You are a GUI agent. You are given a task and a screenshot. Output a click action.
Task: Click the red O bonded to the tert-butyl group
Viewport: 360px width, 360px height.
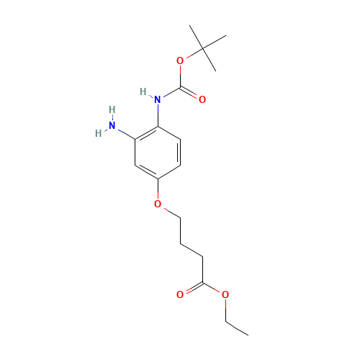click(179, 60)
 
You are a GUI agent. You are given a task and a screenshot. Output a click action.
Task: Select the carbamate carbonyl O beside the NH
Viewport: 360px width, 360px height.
click(202, 99)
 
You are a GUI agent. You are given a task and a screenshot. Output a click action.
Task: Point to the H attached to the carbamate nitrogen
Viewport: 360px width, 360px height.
click(145, 91)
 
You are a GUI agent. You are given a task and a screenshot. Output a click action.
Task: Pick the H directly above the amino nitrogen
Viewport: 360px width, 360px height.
click(111, 109)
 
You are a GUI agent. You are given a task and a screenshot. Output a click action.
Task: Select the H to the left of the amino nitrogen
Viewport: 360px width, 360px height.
click(99, 131)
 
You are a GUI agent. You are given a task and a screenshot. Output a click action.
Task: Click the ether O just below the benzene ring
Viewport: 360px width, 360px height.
click(158, 204)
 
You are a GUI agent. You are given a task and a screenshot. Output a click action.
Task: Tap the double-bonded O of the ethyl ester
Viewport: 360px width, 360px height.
click(180, 294)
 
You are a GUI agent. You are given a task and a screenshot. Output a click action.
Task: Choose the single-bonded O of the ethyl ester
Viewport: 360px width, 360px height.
click(225, 294)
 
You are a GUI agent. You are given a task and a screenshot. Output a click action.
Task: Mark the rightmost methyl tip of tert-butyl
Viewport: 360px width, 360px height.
click(225, 36)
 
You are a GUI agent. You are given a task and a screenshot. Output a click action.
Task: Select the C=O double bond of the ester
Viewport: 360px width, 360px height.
click(191, 288)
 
